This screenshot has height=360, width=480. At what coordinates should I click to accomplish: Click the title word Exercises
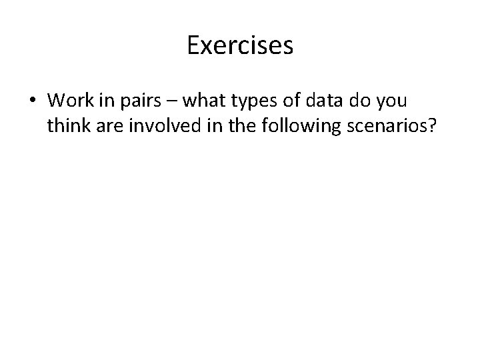point(240,46)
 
